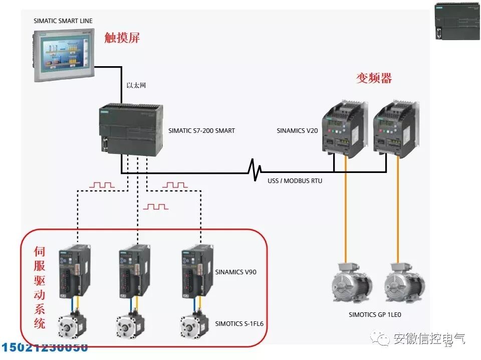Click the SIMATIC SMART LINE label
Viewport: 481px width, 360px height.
tap(63, 21)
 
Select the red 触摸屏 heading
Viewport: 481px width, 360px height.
tap(122, 38)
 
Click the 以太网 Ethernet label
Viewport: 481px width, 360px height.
tap(136, 86)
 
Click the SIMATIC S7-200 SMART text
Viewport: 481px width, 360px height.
tap(201, 131)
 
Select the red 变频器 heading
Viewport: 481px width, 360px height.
tap(374, 78)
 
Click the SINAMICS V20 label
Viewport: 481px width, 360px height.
tap(297, 131)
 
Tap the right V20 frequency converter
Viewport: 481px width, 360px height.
tap(395, 128)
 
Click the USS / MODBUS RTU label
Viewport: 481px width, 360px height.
tap(295, 181)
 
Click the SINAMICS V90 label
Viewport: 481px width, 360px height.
tap(236, 273)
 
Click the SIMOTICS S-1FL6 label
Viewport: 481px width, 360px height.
tap(239, 324)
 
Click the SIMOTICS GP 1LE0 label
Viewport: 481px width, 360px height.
tap(375, 315)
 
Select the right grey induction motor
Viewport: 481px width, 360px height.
tap(404, 286)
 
